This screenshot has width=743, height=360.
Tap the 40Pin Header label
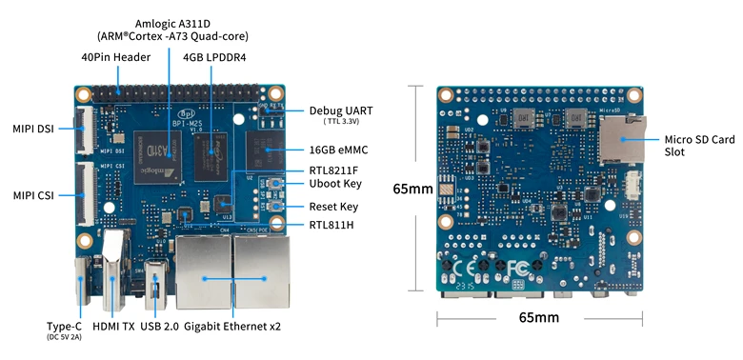coord(115,57)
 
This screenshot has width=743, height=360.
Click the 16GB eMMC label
coord(339,150)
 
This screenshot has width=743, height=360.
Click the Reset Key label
coord(333,207)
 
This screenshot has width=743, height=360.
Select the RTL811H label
coord(331,226)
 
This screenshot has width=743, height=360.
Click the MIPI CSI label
coord(32,195)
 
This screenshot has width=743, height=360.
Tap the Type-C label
coord(63,327)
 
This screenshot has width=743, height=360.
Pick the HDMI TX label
coord(114,327)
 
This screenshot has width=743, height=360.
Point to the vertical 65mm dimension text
coord(413,189)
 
